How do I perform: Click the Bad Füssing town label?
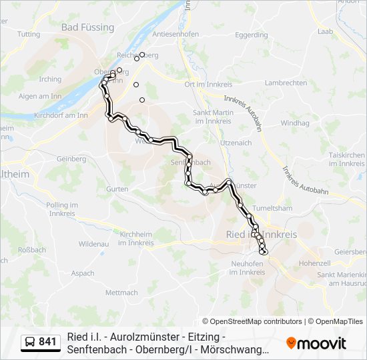[x=87, y=27]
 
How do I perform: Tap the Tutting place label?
[x=29, y=34]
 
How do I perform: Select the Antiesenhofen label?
[x=176, y=34]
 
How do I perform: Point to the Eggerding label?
[x=252, y=35]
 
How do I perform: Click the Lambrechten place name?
[x=286, y=83]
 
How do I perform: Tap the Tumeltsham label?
[x=273, y=208]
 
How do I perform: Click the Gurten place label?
[x=117, y=189]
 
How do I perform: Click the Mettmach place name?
[x=121, y=293]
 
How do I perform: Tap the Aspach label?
[x=83, y=273]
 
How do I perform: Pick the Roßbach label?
[x=31, y=250]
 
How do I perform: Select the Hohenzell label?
[x=315, y=263]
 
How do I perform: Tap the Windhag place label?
[x=294, y=123]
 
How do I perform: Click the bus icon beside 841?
[x=30, y=343]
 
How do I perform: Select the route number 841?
[x=47, y=343]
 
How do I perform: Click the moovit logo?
[x=316, y=343]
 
